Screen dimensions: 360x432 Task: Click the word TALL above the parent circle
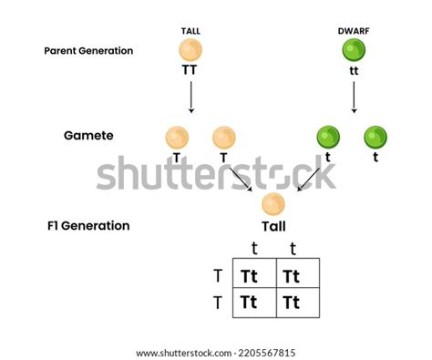point(191,32)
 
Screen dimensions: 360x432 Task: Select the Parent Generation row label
point(88,51)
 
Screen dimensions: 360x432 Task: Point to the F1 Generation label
point(89,225)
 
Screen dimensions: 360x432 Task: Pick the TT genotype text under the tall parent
point(191,69)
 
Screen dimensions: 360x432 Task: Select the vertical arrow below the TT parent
point(191,96)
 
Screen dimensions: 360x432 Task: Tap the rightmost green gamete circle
point(375,137)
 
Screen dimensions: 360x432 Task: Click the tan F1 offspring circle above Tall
point(273,203)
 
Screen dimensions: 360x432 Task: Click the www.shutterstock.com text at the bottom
point(215,353)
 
